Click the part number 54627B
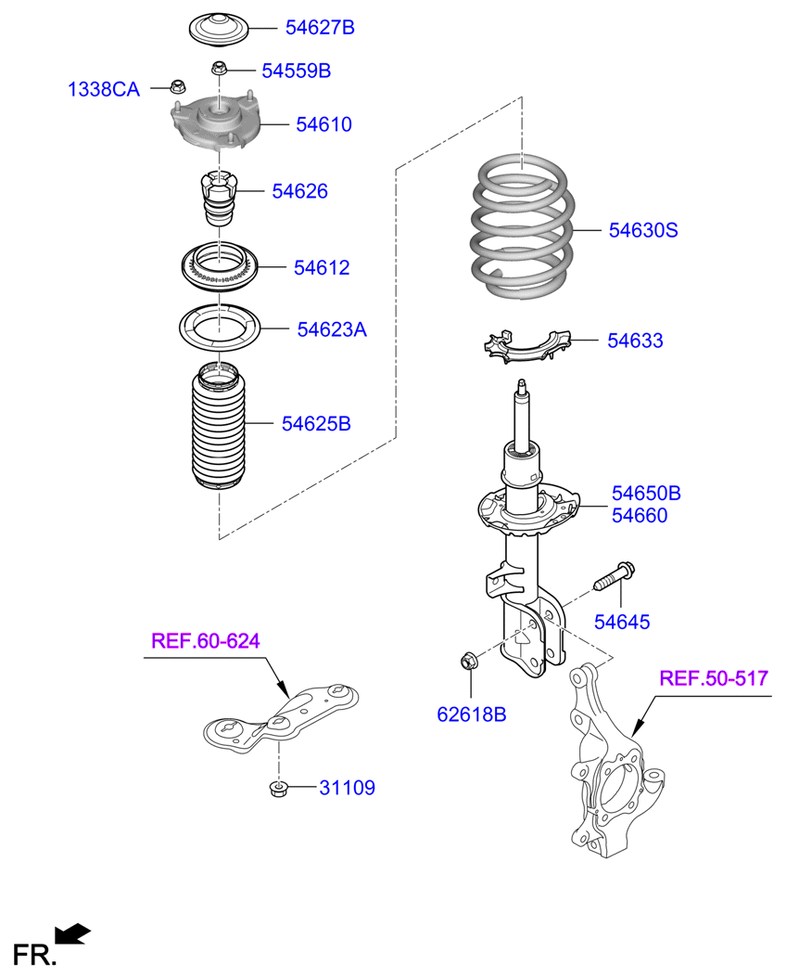point(320,28)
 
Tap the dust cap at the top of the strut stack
point(219,29)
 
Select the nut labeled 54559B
point(219,68)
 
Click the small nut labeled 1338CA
point(178,86)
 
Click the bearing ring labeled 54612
point(219,266)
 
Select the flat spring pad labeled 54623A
point(220,327)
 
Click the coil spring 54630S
point(521,226)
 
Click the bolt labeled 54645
point(614,577)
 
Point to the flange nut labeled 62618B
point(469,660)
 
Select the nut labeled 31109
point(278,788)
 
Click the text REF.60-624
point(206,641)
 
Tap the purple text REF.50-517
point(714,678)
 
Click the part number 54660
point(639,515)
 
